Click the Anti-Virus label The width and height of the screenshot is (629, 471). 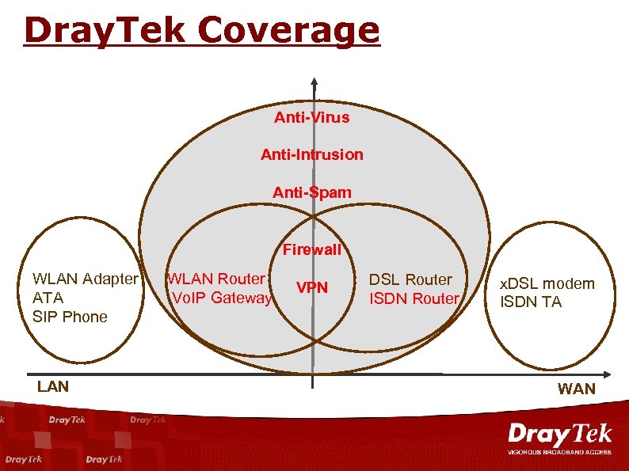point(311,118)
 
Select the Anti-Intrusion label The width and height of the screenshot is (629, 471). point(311,154)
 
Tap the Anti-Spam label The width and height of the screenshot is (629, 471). point(311,192)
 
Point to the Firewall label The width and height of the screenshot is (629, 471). point(311,250)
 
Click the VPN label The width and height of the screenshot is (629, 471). point(311,287)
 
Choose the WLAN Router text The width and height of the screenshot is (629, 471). point(215,279)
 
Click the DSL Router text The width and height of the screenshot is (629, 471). point(410,279)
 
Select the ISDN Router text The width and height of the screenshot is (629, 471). point(414,298)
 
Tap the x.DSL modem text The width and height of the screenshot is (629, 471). point(546,284)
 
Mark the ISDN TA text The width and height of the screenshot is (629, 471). point(530,302)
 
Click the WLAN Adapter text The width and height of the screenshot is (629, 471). point(85,279)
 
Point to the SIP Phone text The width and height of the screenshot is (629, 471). point(70,317)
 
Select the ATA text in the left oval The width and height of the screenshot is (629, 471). point(48,298)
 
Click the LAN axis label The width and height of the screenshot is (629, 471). point(53,386)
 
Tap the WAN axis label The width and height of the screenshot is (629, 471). point(576,389)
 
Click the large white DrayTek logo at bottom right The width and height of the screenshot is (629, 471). point(559,435)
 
